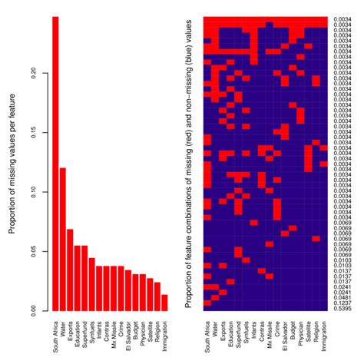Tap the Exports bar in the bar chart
pyautogui.click(x=70, y=270)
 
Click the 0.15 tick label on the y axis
pyautogui.click(x=39, y=133)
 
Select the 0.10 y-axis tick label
pyautogui.click(x=39, y=192)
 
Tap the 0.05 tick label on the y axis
pyautogui.click(x=39, y=251)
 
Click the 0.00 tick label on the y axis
pyautogui.click(x=39, y=310)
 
